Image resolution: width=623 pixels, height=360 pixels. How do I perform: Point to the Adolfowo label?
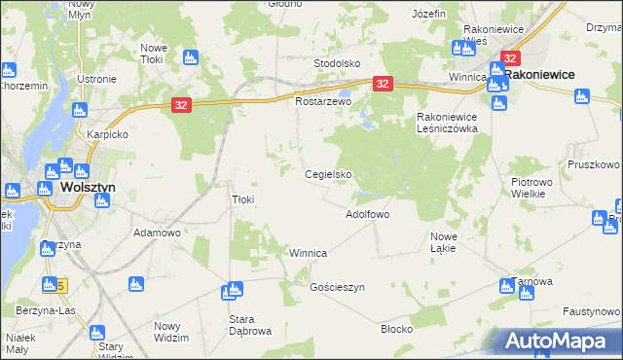[368, 213]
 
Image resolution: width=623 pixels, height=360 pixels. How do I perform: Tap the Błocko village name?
[396, 329]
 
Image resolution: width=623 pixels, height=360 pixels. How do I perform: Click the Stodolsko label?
[337, 63]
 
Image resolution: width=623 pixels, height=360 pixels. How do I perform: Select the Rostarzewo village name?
[322, 101]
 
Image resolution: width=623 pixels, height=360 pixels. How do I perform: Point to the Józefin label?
[428, 15]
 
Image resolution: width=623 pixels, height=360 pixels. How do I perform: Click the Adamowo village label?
[158, 234]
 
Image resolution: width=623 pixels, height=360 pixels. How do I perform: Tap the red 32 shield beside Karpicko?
[182, 104]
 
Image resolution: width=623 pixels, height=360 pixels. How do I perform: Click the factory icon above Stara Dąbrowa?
[232, 290]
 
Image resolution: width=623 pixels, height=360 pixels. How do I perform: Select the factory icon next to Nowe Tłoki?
[190, 57]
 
